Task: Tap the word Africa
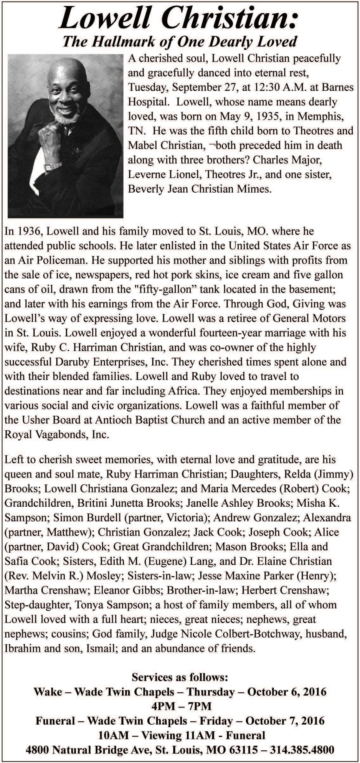point(184,391)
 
